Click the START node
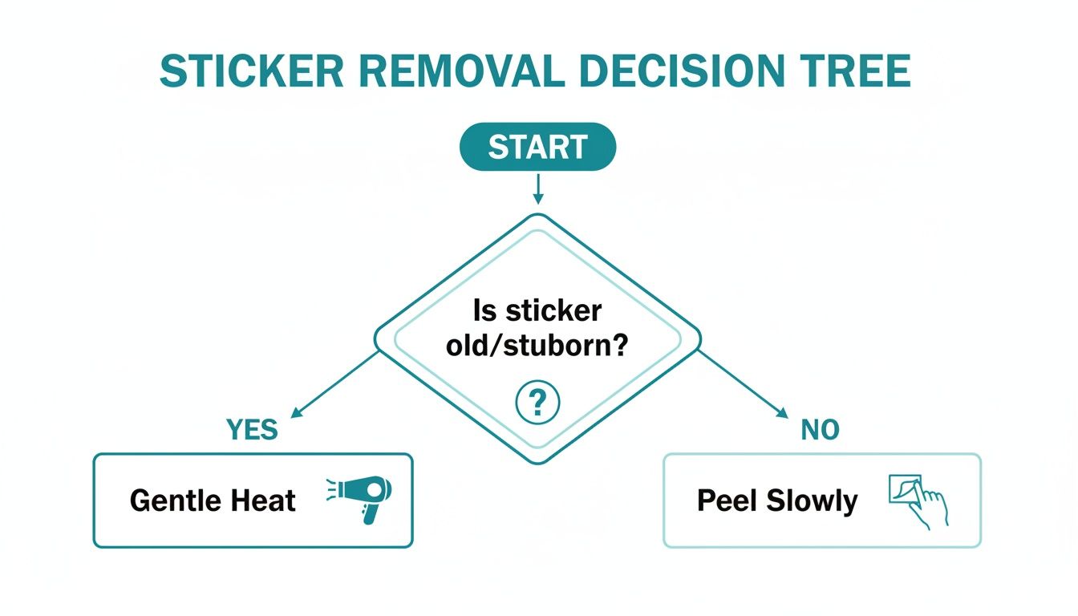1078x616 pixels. coord(537,148)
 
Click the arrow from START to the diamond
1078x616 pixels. coord(537,188)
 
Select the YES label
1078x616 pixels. coord(252,430)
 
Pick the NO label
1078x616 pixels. coord(820,430)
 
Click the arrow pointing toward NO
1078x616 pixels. coord(742,383)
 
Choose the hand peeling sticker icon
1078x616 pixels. coord(918,500)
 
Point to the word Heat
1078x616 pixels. coord(264,501)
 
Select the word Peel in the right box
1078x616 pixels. coord(727,501)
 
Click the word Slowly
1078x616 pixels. coord(812,501)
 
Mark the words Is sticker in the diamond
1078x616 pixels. coord(537,311)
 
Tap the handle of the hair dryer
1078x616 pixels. coord(370,513)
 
